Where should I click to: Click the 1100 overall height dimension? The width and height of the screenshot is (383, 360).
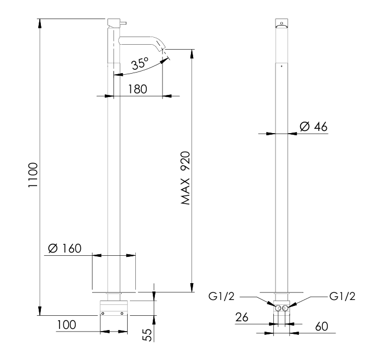[x=32, y=175]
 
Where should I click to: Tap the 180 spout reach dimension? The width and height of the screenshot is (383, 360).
[x=136, y=89]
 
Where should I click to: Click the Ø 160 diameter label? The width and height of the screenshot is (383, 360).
[x=64, y=248]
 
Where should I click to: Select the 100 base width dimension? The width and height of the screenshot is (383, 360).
[x=65, y=325]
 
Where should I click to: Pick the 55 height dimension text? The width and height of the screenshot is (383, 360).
[x=146, y=334]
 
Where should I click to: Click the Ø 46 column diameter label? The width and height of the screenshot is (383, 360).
[x=313, y=127]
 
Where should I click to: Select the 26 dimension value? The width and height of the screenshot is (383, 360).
[x=244, y=317]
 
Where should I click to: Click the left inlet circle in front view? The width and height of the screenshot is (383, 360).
[x=278, y=308]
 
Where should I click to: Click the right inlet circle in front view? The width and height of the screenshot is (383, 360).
[x=285, y=308]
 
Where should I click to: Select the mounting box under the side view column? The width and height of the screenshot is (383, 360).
[x=113, y=308]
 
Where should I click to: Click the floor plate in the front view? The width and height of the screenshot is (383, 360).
[x=282, y=292]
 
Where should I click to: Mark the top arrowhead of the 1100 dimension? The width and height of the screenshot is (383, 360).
[x=40, y=22]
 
